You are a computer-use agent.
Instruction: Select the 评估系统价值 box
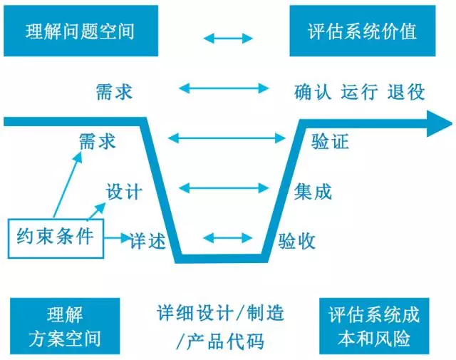[363, 32]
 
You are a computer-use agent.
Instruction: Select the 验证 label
[331, 141]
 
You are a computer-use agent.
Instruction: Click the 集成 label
[313, 191]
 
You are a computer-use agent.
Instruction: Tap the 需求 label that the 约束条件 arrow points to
[97, 141]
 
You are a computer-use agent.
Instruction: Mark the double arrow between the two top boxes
[228, 38]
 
